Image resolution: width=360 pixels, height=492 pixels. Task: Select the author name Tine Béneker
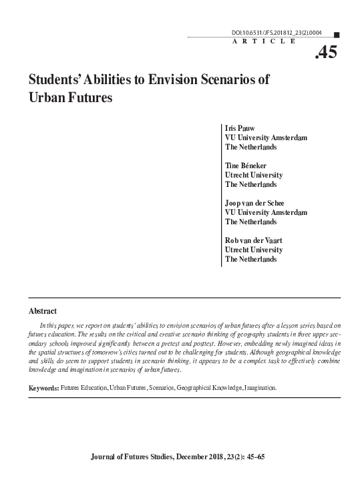click(248, 165)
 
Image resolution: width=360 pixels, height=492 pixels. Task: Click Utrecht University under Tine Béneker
click(254, 174)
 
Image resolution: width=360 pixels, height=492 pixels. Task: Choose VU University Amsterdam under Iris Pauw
click(266, 137)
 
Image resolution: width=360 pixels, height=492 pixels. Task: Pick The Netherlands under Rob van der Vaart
click(251, 259)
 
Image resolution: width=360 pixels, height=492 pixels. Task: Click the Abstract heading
click(43, 311)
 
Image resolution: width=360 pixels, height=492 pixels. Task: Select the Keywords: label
click(43, 387)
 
